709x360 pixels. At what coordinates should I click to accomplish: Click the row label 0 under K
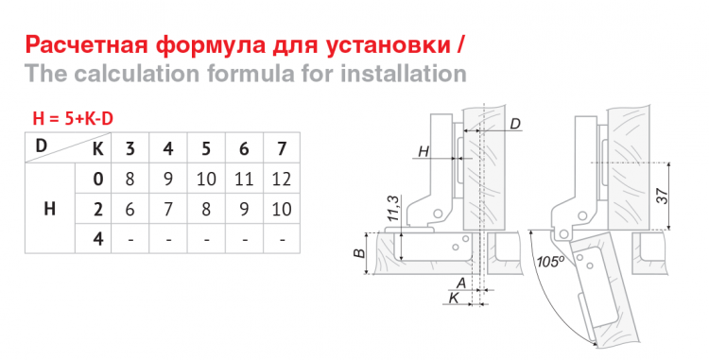pos(98,178)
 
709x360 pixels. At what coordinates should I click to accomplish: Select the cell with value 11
pos(244,178)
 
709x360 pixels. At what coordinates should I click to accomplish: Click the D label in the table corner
pos(41,145)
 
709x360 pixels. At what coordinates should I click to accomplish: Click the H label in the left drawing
pos(424,151)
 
